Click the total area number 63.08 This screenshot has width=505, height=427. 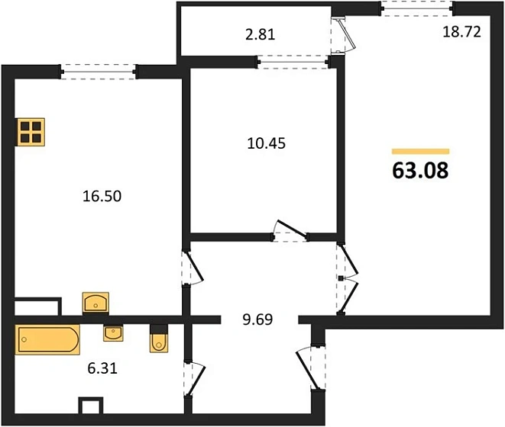[420, 169]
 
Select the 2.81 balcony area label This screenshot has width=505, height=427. [259, 34]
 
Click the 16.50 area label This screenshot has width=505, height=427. [102, 196]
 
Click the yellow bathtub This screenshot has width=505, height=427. [47, 339]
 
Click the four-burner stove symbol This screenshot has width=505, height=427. [31, 132]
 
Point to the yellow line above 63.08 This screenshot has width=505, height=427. [420, 152]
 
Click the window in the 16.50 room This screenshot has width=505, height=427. [99, 72]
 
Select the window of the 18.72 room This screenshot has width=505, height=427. [416, 8]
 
